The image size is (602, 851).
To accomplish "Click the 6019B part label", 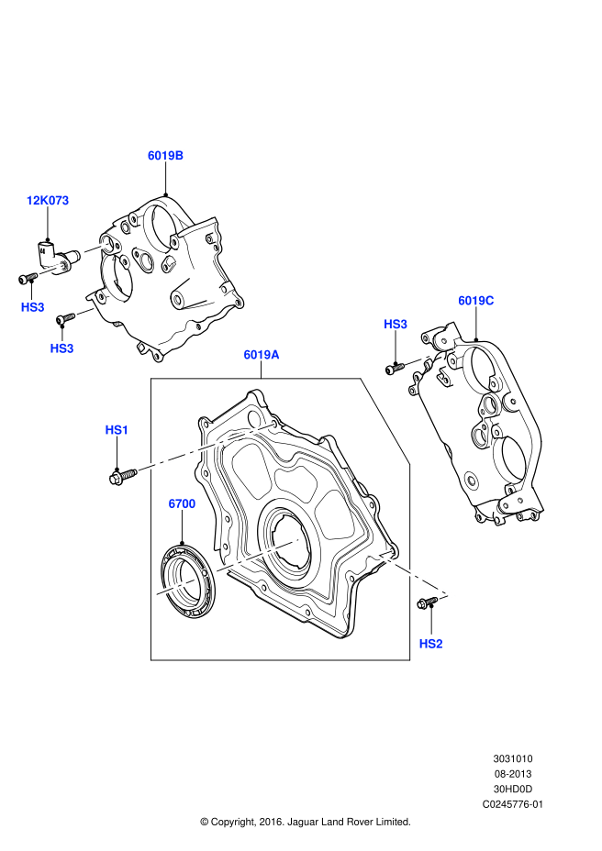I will coord(166,156).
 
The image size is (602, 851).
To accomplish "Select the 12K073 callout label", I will coord(48,200).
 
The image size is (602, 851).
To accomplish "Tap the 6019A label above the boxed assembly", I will coord(262,354).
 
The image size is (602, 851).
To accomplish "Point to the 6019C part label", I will coord(476,300).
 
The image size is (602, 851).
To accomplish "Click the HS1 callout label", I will coord(117,429).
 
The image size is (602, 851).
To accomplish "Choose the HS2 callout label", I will coord(430,644).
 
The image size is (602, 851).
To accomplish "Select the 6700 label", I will coord(182,503).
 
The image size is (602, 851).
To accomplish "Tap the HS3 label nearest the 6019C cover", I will coord(396,324).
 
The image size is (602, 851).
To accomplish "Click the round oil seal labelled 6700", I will coord(186,582).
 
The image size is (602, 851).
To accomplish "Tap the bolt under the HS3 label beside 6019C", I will coord(395,368).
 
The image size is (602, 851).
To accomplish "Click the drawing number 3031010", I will coord(513,759).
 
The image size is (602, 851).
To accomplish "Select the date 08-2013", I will coord(513,774).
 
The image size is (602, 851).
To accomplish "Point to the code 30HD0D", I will coord(513,789).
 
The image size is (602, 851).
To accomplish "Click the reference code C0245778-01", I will coord(513,804).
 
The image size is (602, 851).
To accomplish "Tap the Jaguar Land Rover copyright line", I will coord(306,822).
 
